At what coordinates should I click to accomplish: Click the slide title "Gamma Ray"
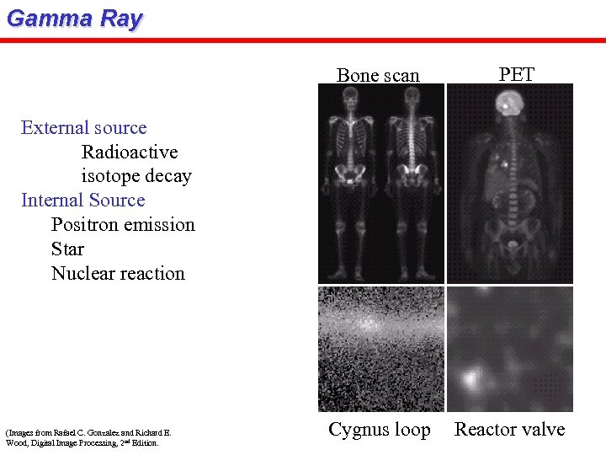pyautogui.click(x=74, y=19)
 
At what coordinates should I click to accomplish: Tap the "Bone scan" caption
pyautogui.click(x=378, y=75)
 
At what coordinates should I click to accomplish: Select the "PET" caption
pyautogui.click(x=516, y=73)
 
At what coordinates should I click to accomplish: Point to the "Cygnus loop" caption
pyautogui.click(x=379, y=430)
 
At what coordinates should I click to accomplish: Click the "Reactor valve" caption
pyautogui.click(x=509, y=430)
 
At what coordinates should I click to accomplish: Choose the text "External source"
pyautogui.click(x=83, y=128)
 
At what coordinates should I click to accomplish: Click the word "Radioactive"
pyautogui.click(x=130, y=153)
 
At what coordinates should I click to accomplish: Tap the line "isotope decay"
pyautogui.click(x=136, y=176)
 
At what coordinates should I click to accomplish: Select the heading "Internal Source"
pyautogui.click(x=82, y=201)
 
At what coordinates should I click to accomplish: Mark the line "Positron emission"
pyautogui.click(x=123, y=225)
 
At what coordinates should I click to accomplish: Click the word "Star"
pyautogui.click(x=67, y=249)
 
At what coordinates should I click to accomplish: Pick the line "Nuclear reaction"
pyautogui.click(x=118, y=274)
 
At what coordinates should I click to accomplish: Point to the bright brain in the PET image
pyautogui.click(x=508, y=104)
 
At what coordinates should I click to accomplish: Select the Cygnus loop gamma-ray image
pyautogui.click(x=380, y=349)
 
